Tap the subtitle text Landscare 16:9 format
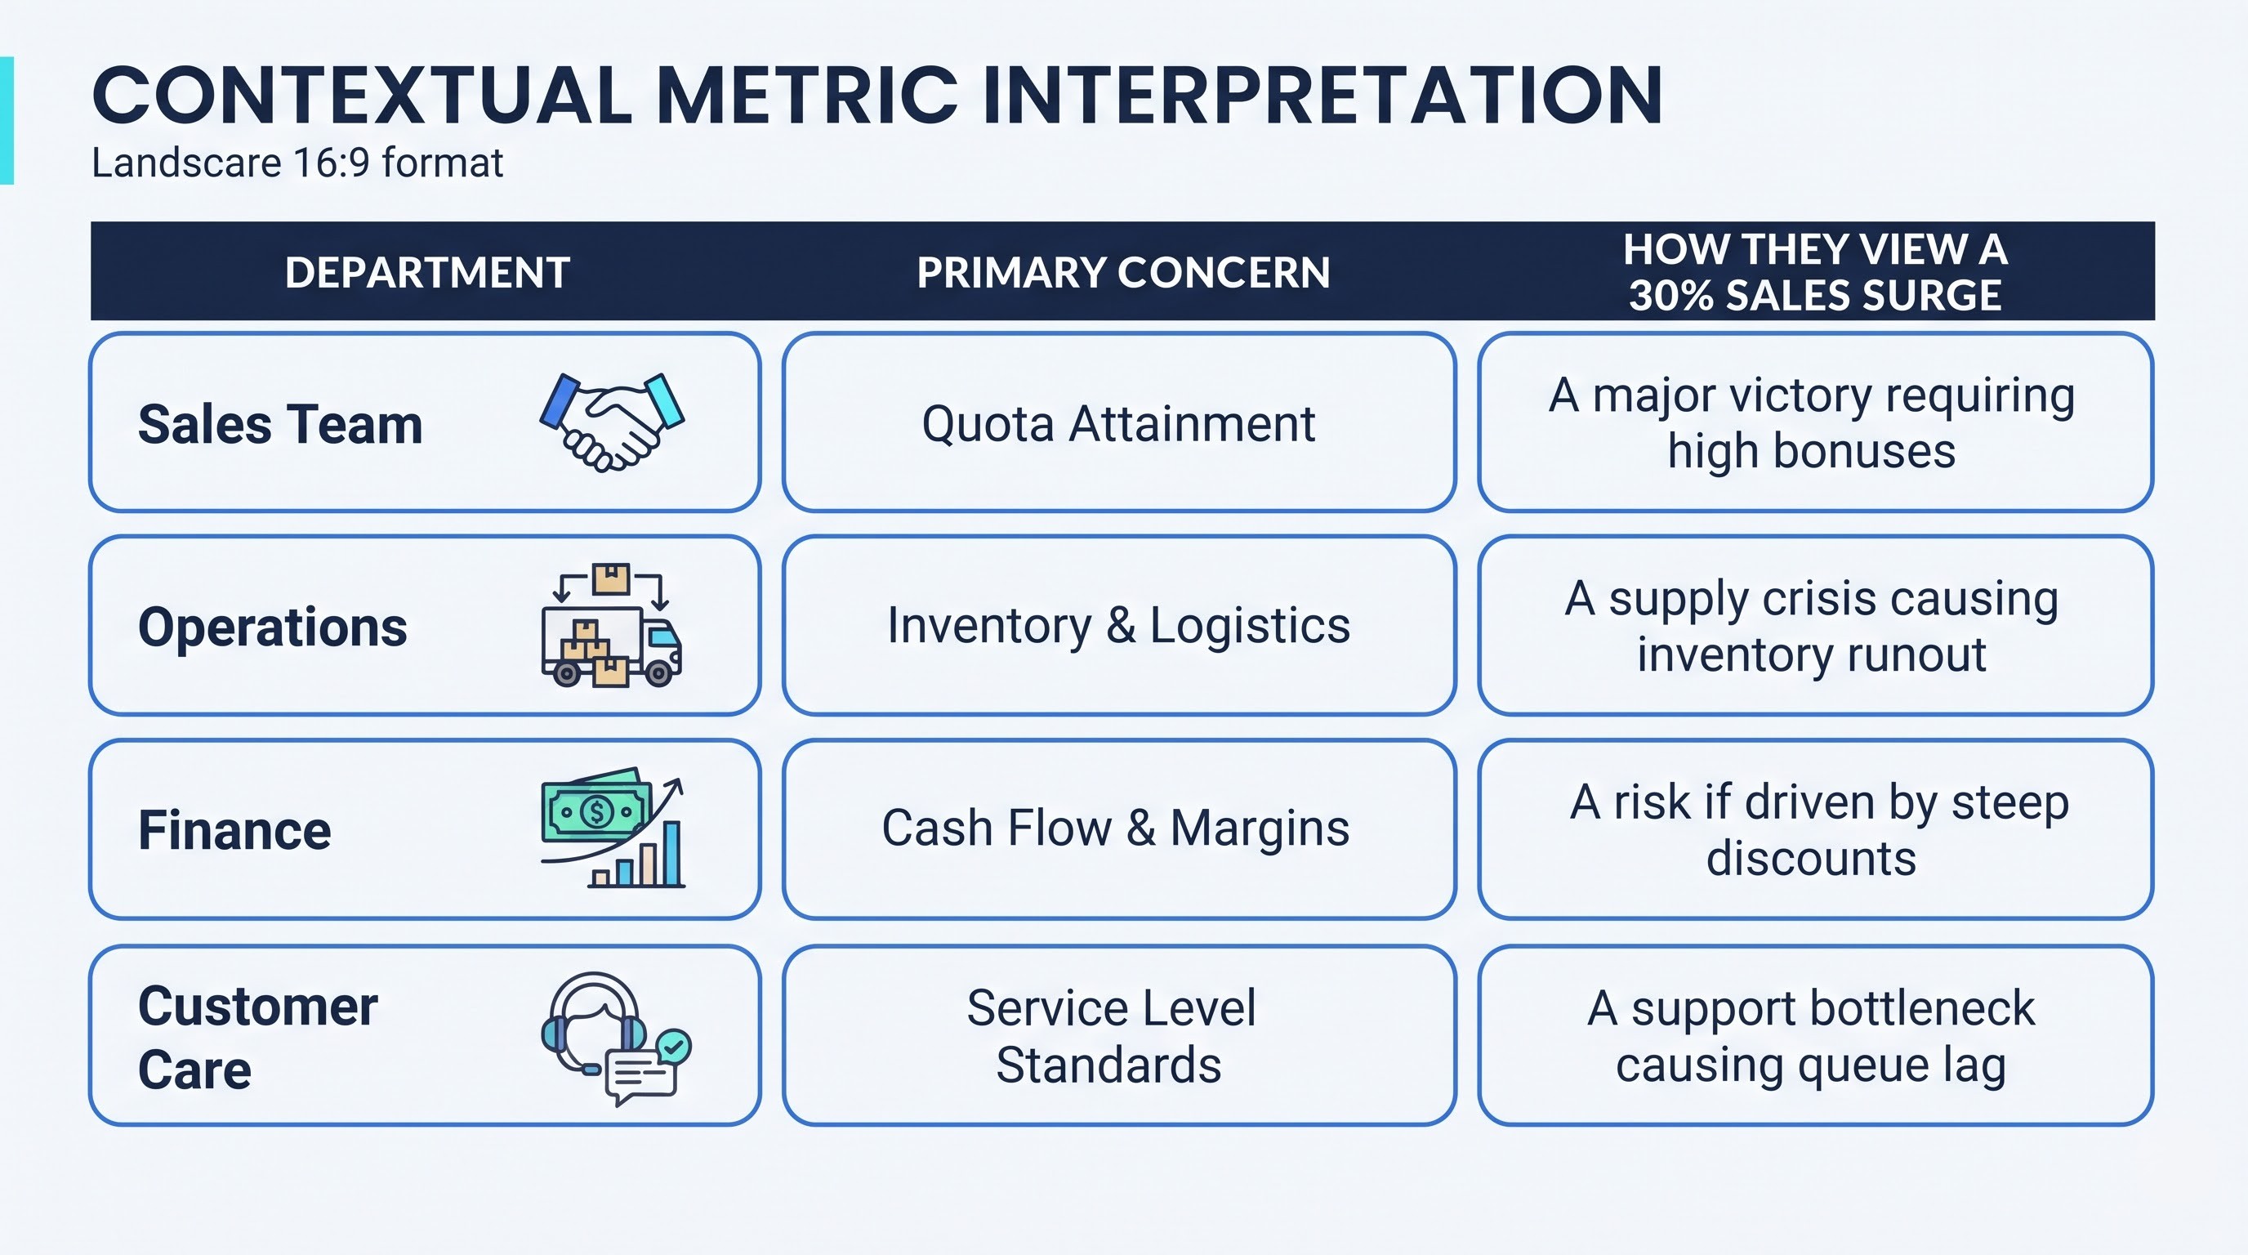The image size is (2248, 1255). click(297, 163)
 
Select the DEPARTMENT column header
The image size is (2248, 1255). click(427, 272)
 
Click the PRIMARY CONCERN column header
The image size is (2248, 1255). click(1123, 272)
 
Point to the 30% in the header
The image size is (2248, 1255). click(1671, 295)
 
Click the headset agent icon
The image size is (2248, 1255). click(593, 1021)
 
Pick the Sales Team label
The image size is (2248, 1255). click(280, 425)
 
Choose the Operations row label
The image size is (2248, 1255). click(272, 627)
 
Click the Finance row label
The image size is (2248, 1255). click(234, 830)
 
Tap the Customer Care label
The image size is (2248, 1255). click(257, 1038)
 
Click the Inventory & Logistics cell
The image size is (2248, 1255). click(1119, 626)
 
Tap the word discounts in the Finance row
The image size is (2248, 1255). click(1812, 859)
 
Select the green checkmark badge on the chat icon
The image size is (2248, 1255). click(673, 1046)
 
